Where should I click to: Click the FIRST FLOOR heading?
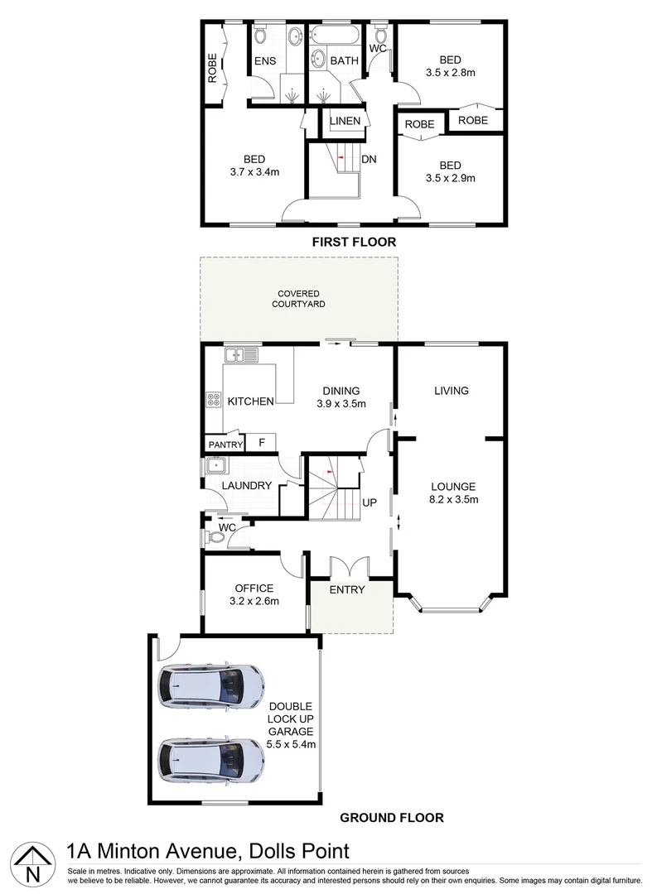(354, 243)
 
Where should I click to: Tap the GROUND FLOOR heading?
(392, 817)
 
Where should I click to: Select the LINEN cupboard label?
(345, 122)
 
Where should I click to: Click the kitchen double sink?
(241, 355)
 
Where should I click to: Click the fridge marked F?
(262, 443)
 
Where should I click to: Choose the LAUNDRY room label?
(246, 486)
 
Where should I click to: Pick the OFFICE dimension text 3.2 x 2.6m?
(254, 602)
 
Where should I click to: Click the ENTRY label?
(347, 589)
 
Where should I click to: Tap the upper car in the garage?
(212, 685)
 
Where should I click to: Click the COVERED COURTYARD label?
(298, 299)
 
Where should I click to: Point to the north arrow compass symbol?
(31, 863)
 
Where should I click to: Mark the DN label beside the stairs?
(370, 160)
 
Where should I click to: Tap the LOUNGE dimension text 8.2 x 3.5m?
(452, 499)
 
